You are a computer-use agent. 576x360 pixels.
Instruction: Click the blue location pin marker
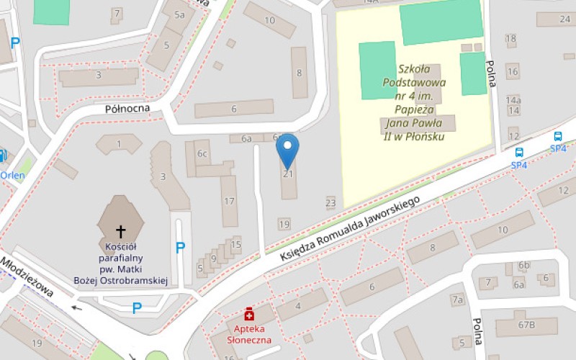tap(288, 150)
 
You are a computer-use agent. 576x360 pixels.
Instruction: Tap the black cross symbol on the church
tap(121, 231)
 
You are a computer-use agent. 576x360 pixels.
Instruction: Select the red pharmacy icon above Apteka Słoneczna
tap(249, 314)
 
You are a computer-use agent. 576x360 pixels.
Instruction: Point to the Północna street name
tap(127, 108)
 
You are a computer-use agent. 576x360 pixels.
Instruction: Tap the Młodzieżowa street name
tap(27, 278)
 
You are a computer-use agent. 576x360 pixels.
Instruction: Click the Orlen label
tap(12, 175)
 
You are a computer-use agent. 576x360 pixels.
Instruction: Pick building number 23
tap(330, 203)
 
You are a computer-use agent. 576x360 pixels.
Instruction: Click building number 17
tap(229, 201)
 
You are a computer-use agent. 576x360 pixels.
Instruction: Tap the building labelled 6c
tap(202, 153)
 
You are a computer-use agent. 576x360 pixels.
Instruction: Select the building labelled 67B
tap(526, 325)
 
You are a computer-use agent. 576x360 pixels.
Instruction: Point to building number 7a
tap(457, 299)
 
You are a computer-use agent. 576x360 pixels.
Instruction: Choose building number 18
tap(511, 38)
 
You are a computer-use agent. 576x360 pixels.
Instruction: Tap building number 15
tap(235, 245)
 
